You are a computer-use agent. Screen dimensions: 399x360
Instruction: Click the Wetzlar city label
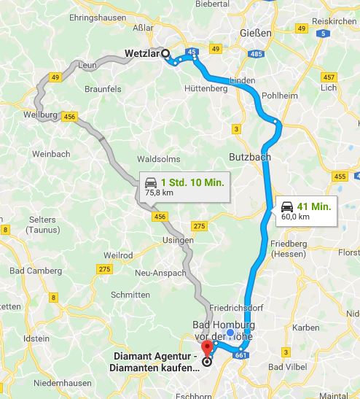(142, 53)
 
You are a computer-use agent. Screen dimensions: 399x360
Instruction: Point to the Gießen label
(256, 34)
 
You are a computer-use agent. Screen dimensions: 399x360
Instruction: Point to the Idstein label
(36, 338)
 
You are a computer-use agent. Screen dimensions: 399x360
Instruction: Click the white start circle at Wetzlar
(165, 53)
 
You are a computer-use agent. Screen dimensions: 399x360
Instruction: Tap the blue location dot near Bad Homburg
(230, 333)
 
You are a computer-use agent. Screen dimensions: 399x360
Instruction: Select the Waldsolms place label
(158, 159)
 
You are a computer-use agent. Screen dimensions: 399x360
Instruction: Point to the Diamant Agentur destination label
(156, 363)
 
